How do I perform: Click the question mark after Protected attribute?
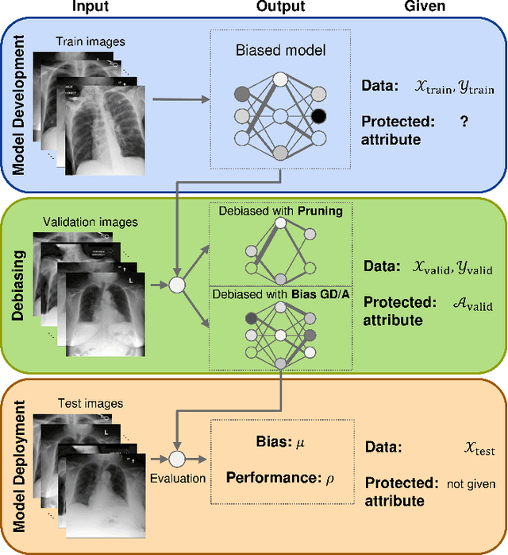(464, 123)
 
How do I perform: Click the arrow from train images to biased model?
(182, 99)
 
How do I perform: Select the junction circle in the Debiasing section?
(178, 284)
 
